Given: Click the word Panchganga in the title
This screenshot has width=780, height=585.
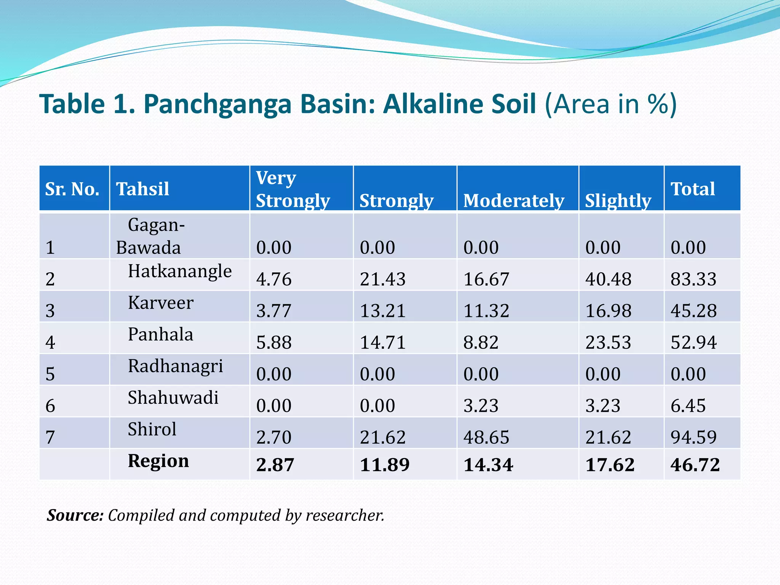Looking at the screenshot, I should [217, 104].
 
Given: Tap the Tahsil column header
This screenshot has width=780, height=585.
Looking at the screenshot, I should [142, 189].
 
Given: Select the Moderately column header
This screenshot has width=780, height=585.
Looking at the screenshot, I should [513, 201].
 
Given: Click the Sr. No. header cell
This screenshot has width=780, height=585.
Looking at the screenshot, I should [72, 189].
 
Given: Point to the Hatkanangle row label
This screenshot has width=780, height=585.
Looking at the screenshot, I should [179, 271].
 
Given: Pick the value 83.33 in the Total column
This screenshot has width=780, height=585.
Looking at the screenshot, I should [693, 279].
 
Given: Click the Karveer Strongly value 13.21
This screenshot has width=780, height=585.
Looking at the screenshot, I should [382, 311].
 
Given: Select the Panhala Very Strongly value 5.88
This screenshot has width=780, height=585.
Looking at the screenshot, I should [274, 342].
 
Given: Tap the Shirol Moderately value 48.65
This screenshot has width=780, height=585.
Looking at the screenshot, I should [486, 437].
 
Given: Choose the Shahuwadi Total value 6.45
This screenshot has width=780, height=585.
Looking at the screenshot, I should [688, 406].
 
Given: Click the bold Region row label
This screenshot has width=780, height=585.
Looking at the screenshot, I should [158, 461].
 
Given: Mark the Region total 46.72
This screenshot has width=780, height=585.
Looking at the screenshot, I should [695, 465].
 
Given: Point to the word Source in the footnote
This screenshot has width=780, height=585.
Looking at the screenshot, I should [75, 515].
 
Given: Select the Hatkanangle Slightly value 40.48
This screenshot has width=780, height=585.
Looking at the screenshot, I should [608, 279].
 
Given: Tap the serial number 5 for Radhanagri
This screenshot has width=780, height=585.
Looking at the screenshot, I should [50, 374].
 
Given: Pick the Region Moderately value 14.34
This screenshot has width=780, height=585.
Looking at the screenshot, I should [488, 465].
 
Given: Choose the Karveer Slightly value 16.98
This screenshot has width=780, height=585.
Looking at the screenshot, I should [608, 311].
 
